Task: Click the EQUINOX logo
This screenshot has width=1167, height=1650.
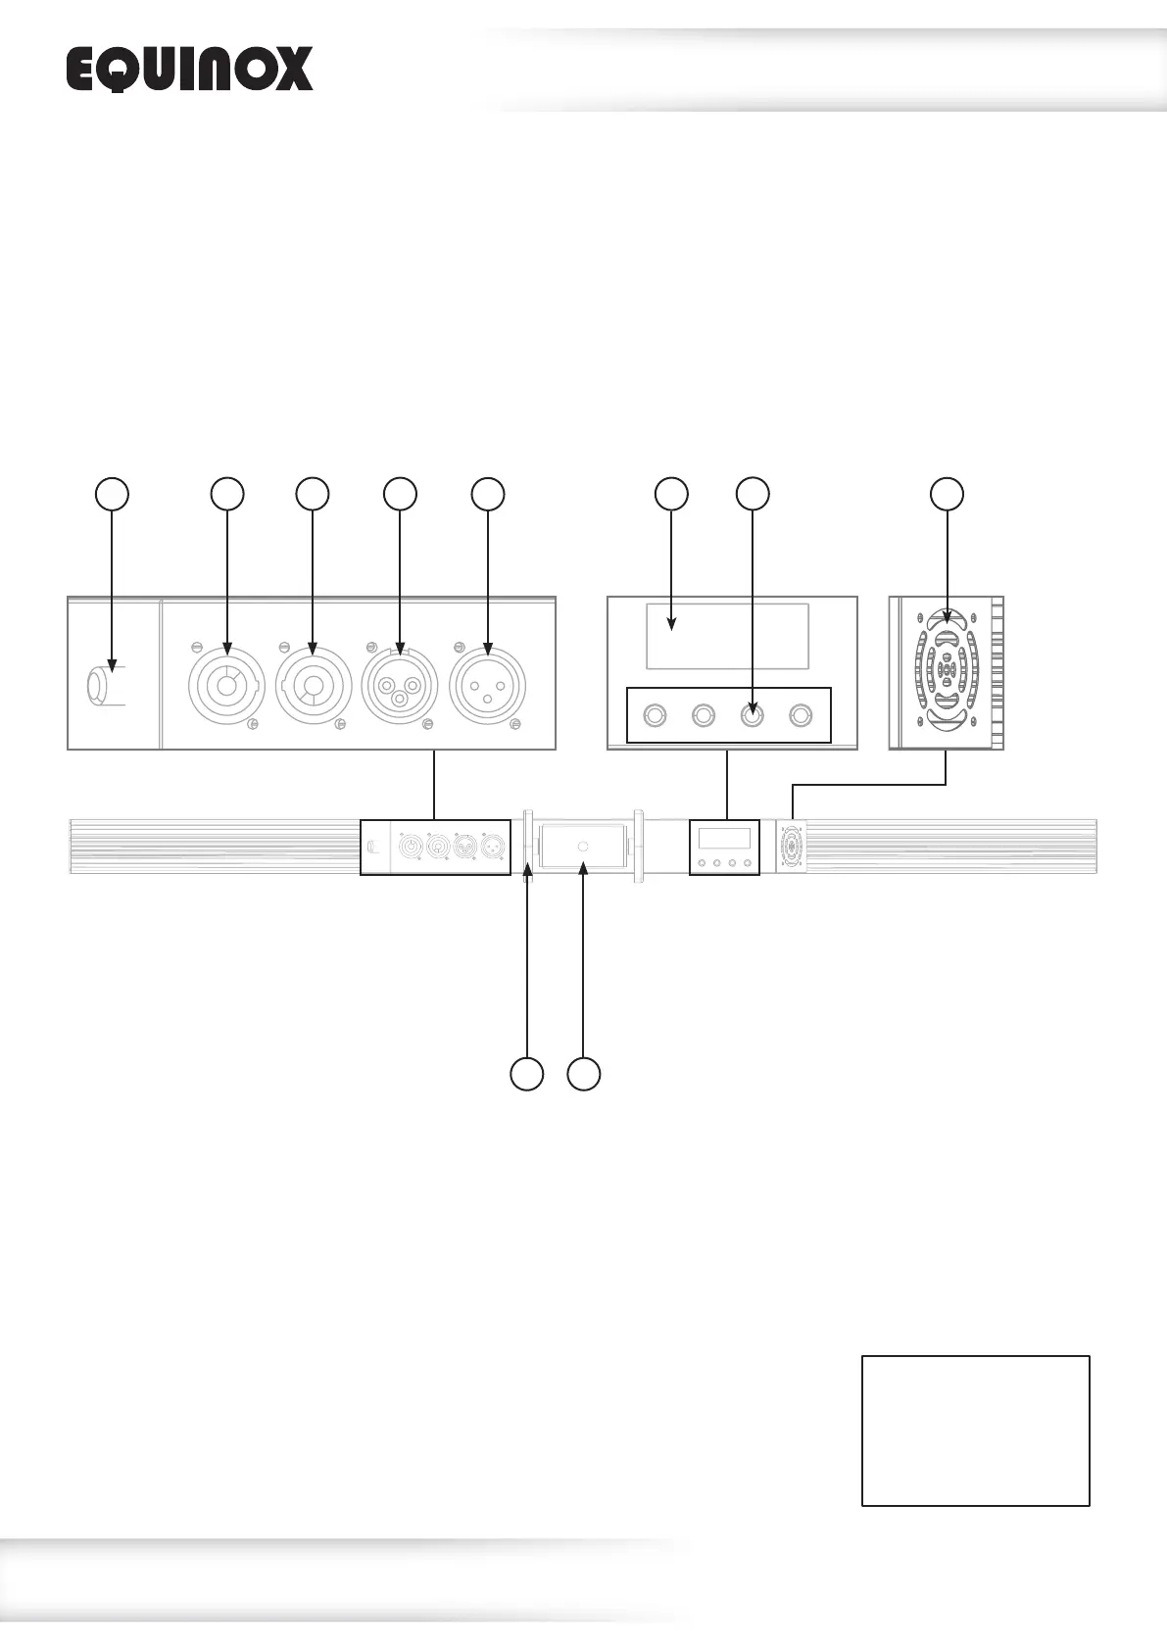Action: point(189,70)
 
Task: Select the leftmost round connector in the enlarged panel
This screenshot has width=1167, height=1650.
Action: point(226,685)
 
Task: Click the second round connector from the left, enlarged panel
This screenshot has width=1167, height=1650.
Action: point(314,685)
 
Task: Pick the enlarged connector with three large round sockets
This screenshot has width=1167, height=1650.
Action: point(400,685)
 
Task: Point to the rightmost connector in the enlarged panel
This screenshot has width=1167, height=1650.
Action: point(488,685)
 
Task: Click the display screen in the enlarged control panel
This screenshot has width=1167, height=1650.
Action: point(727,636)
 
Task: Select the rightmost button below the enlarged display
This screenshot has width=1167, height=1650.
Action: point(802,716)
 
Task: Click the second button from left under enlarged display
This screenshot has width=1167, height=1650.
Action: point(703,716)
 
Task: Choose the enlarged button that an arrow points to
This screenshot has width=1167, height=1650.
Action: point(752,716)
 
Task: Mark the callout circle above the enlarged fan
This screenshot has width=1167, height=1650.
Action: point(947,494)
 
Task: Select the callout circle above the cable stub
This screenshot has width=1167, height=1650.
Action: point(112,494)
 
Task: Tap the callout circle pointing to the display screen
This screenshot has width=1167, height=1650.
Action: point(671,494)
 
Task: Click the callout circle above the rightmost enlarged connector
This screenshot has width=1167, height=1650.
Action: point(488,494)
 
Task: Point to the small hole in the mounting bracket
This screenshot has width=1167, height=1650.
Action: point(583,846)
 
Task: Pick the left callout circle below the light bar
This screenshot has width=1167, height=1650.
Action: point(527,1074)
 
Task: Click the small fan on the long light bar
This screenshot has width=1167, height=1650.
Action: point(791,846)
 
